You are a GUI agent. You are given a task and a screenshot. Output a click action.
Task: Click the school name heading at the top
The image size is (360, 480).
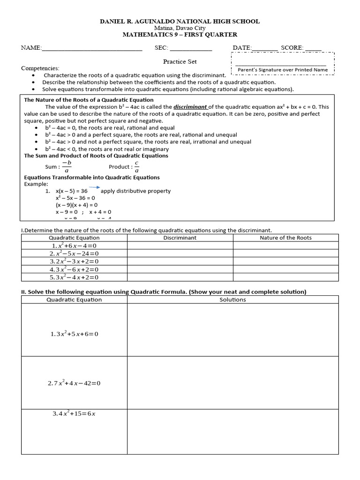(180, 22)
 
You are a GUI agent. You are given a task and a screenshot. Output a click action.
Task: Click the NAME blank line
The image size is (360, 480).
(92, 48)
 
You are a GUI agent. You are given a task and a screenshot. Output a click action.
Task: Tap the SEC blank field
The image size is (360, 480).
(191, 48)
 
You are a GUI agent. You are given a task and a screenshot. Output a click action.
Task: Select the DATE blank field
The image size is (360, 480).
(265, 48)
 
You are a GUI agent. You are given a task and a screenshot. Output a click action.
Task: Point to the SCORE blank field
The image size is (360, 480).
(313, 48)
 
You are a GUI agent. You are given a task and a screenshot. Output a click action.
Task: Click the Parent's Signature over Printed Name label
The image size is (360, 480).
(282, 70)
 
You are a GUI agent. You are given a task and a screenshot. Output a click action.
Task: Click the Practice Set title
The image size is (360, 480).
(180, 61)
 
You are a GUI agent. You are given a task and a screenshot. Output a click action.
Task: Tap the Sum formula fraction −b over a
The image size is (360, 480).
(66, 167)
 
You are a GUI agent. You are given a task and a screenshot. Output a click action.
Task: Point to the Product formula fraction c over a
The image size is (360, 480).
(137, 167)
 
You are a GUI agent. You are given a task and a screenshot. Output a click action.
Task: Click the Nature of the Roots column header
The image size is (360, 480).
(285, 238)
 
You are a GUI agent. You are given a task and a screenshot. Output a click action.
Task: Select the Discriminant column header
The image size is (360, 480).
(180, 238)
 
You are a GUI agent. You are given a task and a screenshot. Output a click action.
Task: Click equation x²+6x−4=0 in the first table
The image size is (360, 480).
(74, 246)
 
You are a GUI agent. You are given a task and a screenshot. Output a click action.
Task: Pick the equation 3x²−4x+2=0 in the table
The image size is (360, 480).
(74, 277)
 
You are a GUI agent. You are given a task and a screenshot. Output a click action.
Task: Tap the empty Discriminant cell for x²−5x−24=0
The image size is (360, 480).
(180, 254)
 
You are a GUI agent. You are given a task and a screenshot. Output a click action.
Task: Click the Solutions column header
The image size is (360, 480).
(232, 300)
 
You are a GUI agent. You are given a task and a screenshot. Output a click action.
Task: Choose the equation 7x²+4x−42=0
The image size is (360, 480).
(74, 383)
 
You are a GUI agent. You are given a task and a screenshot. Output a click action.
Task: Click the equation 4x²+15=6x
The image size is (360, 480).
(74, 414)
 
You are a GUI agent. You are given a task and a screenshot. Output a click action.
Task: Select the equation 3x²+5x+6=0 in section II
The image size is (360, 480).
(74, 334)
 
